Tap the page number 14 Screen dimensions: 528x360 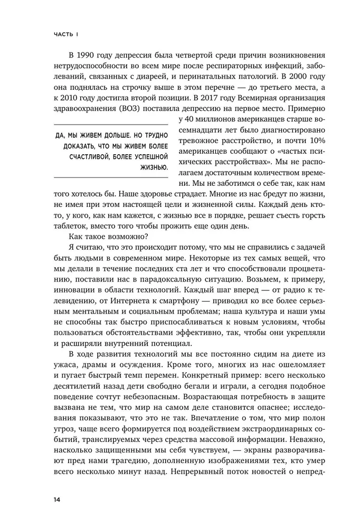[56, 498]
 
